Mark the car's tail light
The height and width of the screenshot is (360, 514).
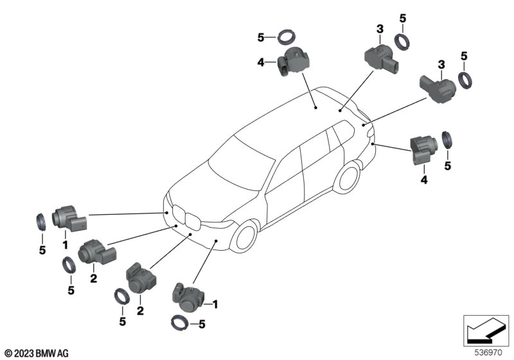coord(369,127)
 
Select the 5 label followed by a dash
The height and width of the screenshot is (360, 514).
coord(261,38)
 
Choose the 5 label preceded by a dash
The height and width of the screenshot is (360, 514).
coord(201,325)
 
